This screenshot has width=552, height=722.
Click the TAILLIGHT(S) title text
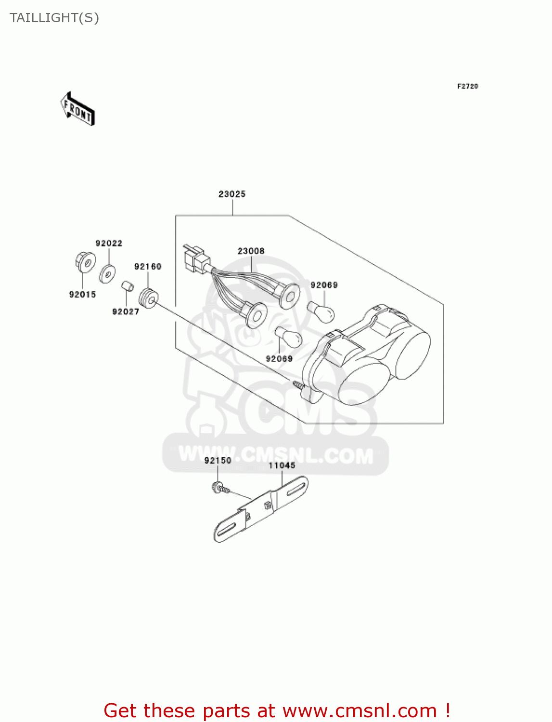coord(54,18)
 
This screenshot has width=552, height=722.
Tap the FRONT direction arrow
coord(77,109)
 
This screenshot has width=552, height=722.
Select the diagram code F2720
coord(467,86)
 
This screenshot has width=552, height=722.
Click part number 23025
coord(232,194)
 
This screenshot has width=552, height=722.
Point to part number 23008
coord(251,251)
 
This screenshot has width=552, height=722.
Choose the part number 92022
coord(109,243)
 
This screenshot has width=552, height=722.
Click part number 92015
coord(82,294)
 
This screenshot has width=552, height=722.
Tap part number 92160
coord(148,266)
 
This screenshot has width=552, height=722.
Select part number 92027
coord(126,311)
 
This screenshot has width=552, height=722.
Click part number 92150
coord(218,460)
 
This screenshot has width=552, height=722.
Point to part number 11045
coord(282,465)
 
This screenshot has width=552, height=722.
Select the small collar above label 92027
coord(127,286)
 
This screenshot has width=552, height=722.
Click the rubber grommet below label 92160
coord(149,298)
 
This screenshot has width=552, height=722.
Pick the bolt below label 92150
coord(220,488)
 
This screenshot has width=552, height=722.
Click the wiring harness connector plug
coord(194,258)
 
